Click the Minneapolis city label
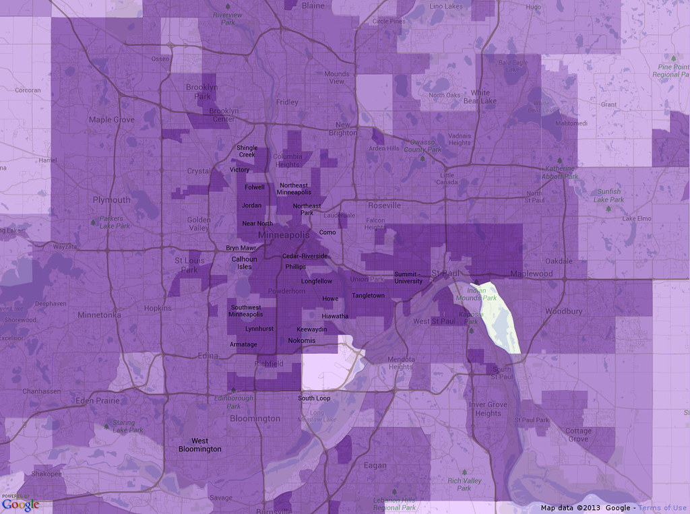(x=284, y=235)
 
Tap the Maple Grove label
(x=112, y=120)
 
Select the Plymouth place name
(x=111, y=200)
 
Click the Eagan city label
(x=375, y=465)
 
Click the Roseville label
(x=384, y=205)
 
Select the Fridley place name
(x=287, y=102)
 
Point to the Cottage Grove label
(x=578, y=435)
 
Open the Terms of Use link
(x=663, y=508)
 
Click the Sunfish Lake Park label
(x=608, y=196)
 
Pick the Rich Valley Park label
(x=464, y=484)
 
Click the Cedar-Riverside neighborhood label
(x=305, y=256)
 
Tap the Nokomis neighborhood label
(x=301, y=341)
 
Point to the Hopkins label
(x=158, y=308)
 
